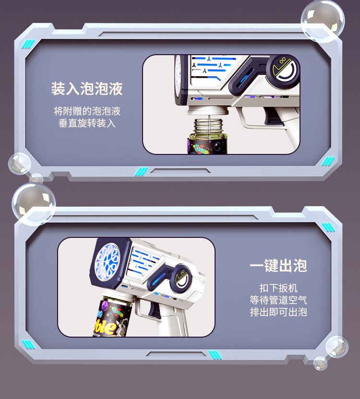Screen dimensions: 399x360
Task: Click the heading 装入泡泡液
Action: point(87,89)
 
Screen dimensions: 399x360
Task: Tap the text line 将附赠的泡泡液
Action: point(87,111)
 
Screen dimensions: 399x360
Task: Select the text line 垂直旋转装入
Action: point(87,123)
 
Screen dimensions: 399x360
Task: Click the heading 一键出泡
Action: point(278,266)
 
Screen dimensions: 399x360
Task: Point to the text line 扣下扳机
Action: point(278,288)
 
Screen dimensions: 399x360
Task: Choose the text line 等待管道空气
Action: point(278,300)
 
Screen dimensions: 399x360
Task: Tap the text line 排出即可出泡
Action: point(278,312)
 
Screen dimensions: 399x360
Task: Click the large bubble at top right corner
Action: point(323,21)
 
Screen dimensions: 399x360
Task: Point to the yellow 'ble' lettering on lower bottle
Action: point(107,328)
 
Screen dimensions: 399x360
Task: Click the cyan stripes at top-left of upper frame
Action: point(29,44)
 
